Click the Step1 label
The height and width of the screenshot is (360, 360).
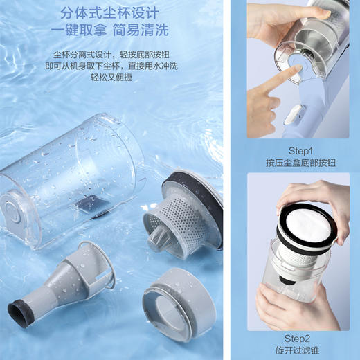point(300,150)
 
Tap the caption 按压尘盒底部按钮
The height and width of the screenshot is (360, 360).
point(300,163)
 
